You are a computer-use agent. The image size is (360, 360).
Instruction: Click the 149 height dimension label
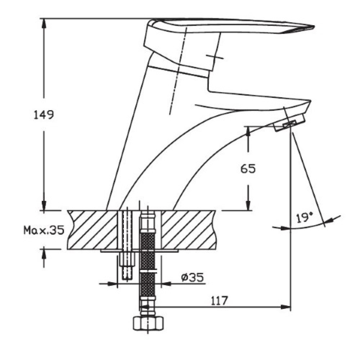pyautogui.click(x=44, y=115)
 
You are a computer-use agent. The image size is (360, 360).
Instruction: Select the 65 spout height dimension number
pyautogui.click(x=248, y=169)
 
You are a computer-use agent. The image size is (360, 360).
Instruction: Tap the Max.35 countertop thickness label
pyautogui.click(x=44, y=230)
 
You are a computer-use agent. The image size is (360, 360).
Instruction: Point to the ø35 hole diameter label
pyautogui.click(x=192, y=277)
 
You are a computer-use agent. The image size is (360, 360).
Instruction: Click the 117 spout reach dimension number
pyautogui.click(x=219, y=301)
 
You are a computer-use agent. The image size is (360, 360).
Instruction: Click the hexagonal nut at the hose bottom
pyautogui.click(x=149, y=323)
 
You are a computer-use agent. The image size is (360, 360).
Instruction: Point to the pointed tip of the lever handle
pyautogui.click(x=314, y=27)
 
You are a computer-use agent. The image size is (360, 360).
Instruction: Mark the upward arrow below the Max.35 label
pyautogui.click(x=44, y=257)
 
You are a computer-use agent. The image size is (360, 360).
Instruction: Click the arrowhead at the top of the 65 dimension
pyautogui.click(x=248, y=131)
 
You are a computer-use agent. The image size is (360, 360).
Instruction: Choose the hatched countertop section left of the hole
pyautogui.click(x=92, y=230)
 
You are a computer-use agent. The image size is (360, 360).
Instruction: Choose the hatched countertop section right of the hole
pyautogui.click(x=189, y=230)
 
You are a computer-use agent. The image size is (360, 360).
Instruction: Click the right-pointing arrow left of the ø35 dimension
pyautogui.click(x=108, y=284)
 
